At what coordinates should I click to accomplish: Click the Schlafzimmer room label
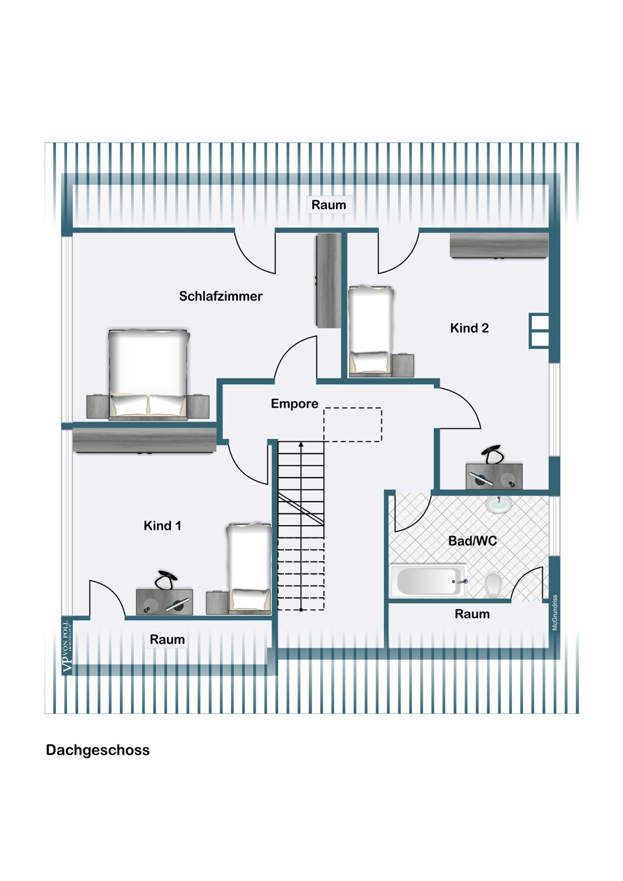point(220,296)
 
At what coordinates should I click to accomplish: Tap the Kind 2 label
point(469,328)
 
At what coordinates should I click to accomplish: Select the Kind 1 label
point(162,526)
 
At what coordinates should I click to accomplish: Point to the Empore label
point(294,403)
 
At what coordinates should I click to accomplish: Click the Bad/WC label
point(473,541)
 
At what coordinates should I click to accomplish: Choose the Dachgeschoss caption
point(98,750)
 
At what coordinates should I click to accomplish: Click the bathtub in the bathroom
point(428,580)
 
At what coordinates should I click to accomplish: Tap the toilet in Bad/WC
point(493,585)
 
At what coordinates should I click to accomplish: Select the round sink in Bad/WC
point(498,505)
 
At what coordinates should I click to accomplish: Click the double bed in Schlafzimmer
point(149,374)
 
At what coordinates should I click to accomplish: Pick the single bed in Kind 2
point(370,330)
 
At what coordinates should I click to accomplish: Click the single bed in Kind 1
point(249,567)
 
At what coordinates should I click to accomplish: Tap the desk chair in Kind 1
point(165,580)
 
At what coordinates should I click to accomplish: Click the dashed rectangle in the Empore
point(353,425)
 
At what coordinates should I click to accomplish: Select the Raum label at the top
point(329,205)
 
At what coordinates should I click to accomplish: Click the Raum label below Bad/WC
point(472,614)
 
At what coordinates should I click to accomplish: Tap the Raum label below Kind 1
point(167,640)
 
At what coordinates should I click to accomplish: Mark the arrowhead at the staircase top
point(301,445)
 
